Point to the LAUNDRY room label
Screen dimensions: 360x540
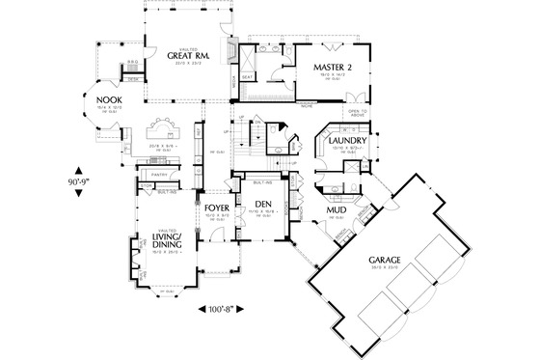click(345, 142)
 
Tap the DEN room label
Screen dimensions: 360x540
click(262, 203)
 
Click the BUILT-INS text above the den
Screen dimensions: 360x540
click(262, 181)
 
